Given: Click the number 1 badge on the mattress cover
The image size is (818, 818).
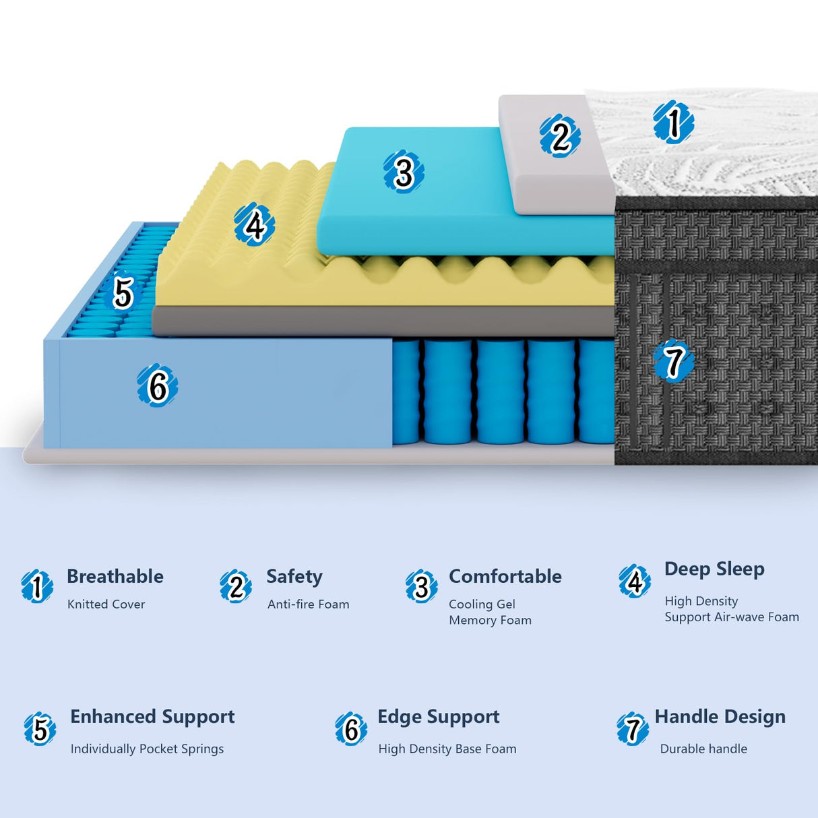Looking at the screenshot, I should point(673,123).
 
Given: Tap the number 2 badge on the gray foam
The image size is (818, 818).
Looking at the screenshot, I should point(559,135).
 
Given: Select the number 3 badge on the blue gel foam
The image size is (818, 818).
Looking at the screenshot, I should point(404,172).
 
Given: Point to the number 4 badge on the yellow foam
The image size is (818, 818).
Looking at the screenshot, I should point(254,225).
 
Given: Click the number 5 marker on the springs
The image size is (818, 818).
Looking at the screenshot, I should point(123,292).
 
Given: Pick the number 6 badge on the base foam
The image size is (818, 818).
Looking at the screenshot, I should point(157,385).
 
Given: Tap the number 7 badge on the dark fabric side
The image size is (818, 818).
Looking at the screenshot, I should point(673,362).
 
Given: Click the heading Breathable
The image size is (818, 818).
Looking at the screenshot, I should point(115,577).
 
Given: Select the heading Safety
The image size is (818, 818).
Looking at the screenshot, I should point(294,577).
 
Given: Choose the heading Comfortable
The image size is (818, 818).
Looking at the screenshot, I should point(505,577).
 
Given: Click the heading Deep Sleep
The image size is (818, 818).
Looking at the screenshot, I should point(714,569).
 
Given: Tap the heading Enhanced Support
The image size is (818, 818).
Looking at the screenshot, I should point(152,717).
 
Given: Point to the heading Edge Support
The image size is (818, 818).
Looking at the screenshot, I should point(439,717).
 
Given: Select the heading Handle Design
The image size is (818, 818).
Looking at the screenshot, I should point(720,717).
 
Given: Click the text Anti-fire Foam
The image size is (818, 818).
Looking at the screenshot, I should point(309,604).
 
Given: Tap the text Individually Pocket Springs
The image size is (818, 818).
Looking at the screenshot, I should point(147,749).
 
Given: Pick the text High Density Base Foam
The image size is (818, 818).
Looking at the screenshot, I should point(447,749).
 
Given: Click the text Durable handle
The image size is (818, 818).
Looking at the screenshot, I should point(703,749).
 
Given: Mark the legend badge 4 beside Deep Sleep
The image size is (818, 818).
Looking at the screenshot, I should point(635,581).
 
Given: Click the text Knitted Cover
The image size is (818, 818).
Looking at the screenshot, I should point(106,604).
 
